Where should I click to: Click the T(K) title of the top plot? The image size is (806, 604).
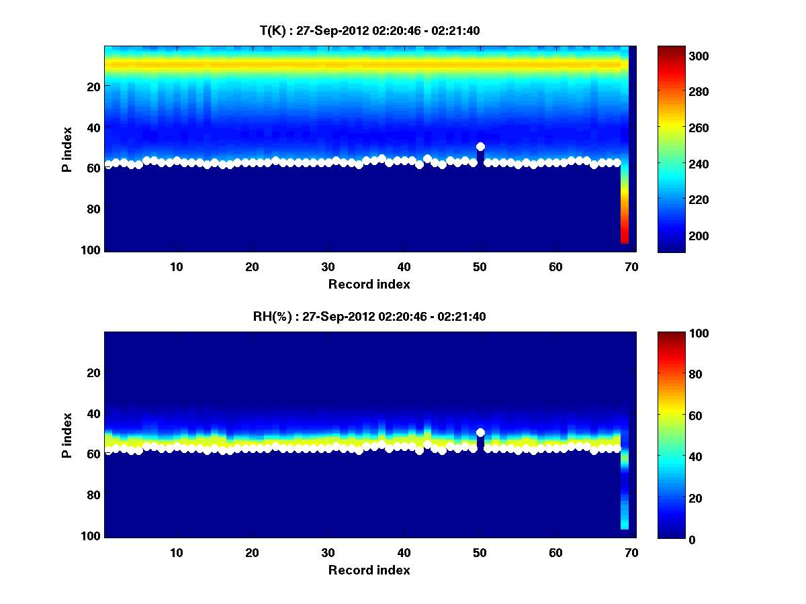370,30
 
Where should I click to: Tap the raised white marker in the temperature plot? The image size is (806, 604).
480,146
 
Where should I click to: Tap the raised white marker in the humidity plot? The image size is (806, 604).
480,433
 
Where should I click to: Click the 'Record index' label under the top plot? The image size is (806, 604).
369,284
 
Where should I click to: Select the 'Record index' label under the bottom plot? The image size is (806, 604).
369,570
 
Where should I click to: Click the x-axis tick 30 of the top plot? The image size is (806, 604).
328,266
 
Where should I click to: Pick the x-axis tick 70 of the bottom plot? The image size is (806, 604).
631,553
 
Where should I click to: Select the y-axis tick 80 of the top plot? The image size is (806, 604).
93,209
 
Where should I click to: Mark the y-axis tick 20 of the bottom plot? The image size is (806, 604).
93,372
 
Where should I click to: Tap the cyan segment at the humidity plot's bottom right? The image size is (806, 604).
625,524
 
